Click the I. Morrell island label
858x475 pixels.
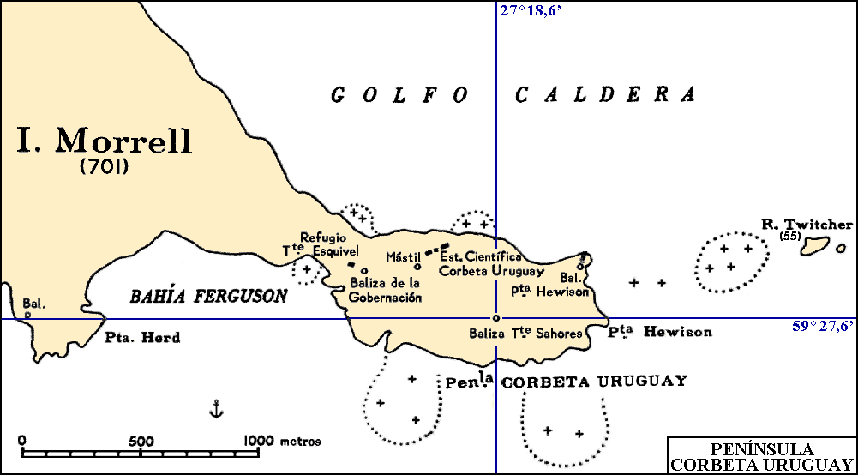(x=105, y=141)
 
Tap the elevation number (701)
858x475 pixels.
(x=105, y=168)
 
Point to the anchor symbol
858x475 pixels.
(x=216, y=409)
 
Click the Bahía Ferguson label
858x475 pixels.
(x=208, y=297)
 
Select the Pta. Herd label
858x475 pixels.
(x=143, y=338)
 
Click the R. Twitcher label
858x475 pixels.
(x=807, y=225)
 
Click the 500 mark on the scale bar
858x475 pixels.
(x=140, y=442)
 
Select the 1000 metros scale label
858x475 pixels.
(x=283, y=442)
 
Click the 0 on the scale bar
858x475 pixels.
(x=22, y=442)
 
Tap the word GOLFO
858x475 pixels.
(x=399, y=95)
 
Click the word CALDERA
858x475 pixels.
(x=605, y=95)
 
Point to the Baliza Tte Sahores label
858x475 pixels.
(x=526, y=334)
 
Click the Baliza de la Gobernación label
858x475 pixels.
(x=386, y=290)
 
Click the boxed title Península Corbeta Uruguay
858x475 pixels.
(x=762, y=456)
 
